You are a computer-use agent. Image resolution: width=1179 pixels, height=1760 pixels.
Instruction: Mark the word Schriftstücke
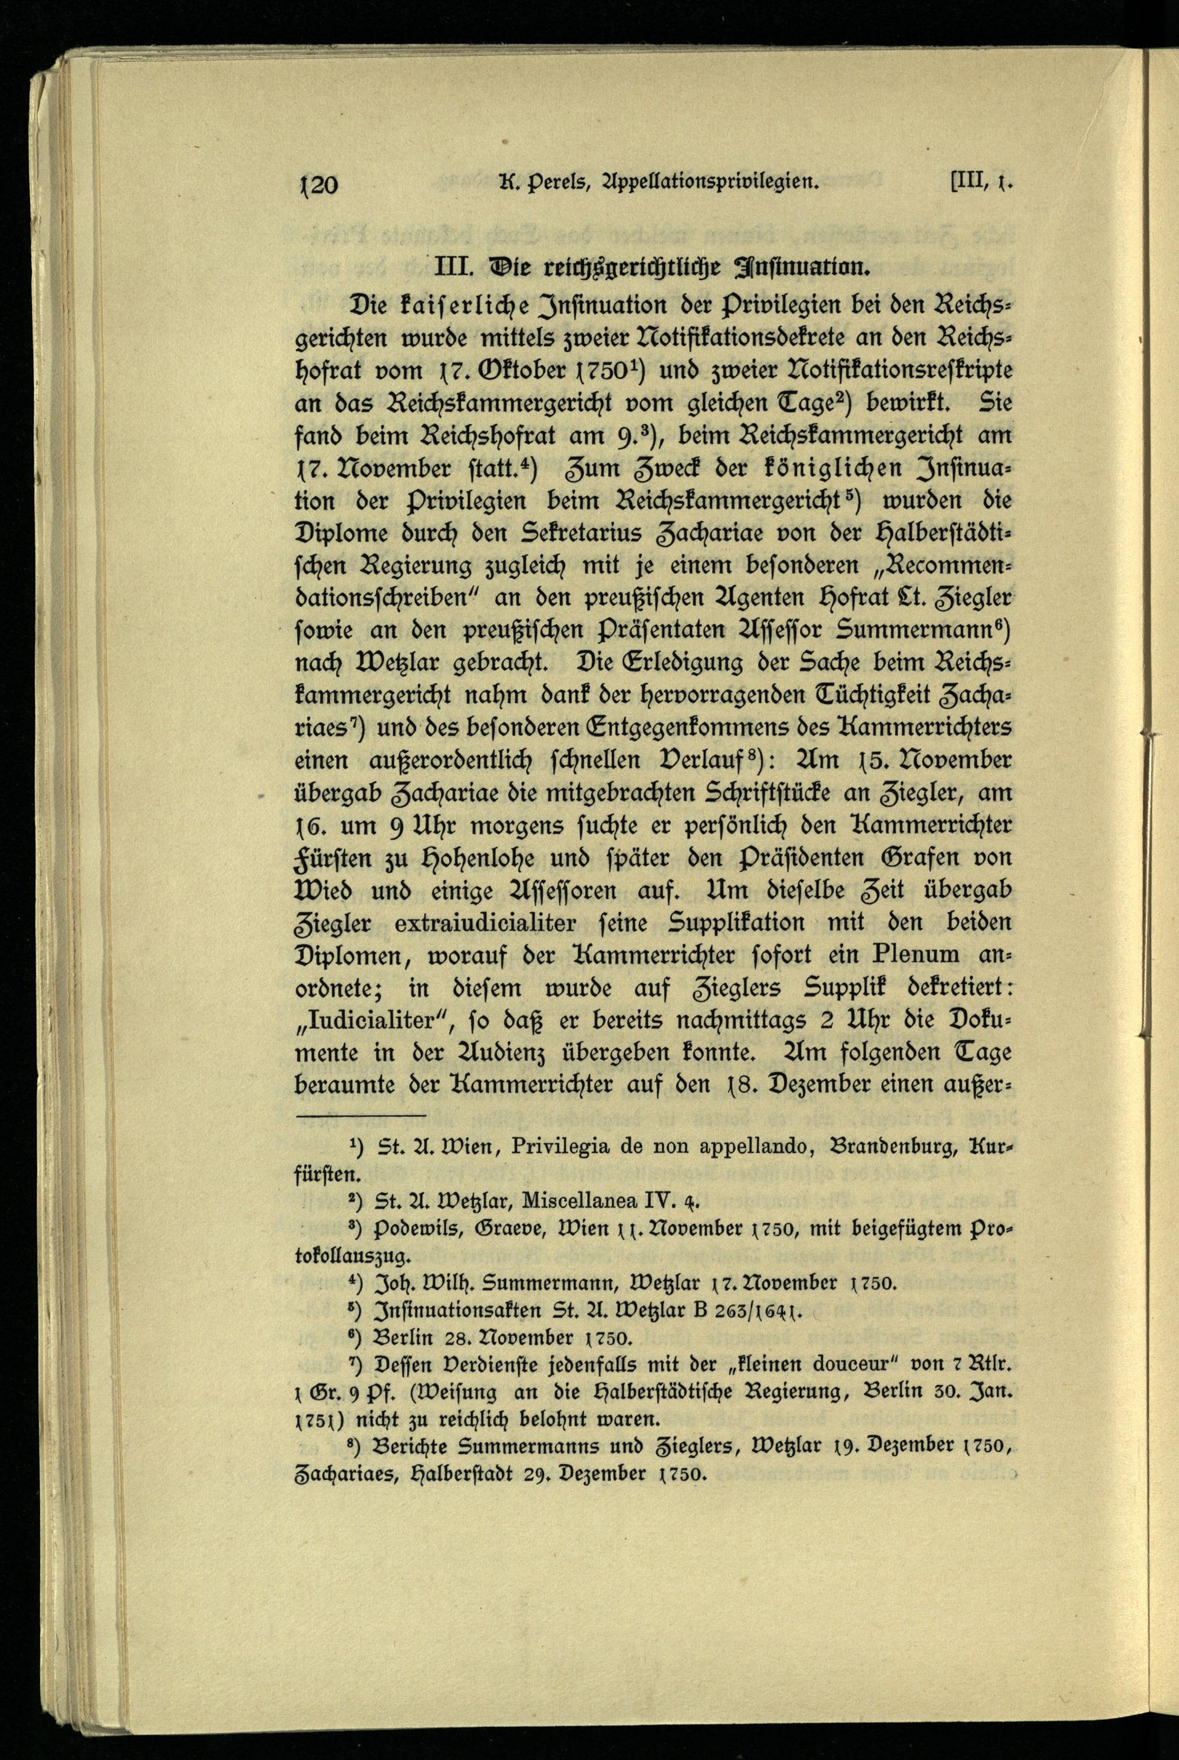point(802,793)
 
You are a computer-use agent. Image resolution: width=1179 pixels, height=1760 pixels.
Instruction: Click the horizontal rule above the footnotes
point(361,1118)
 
